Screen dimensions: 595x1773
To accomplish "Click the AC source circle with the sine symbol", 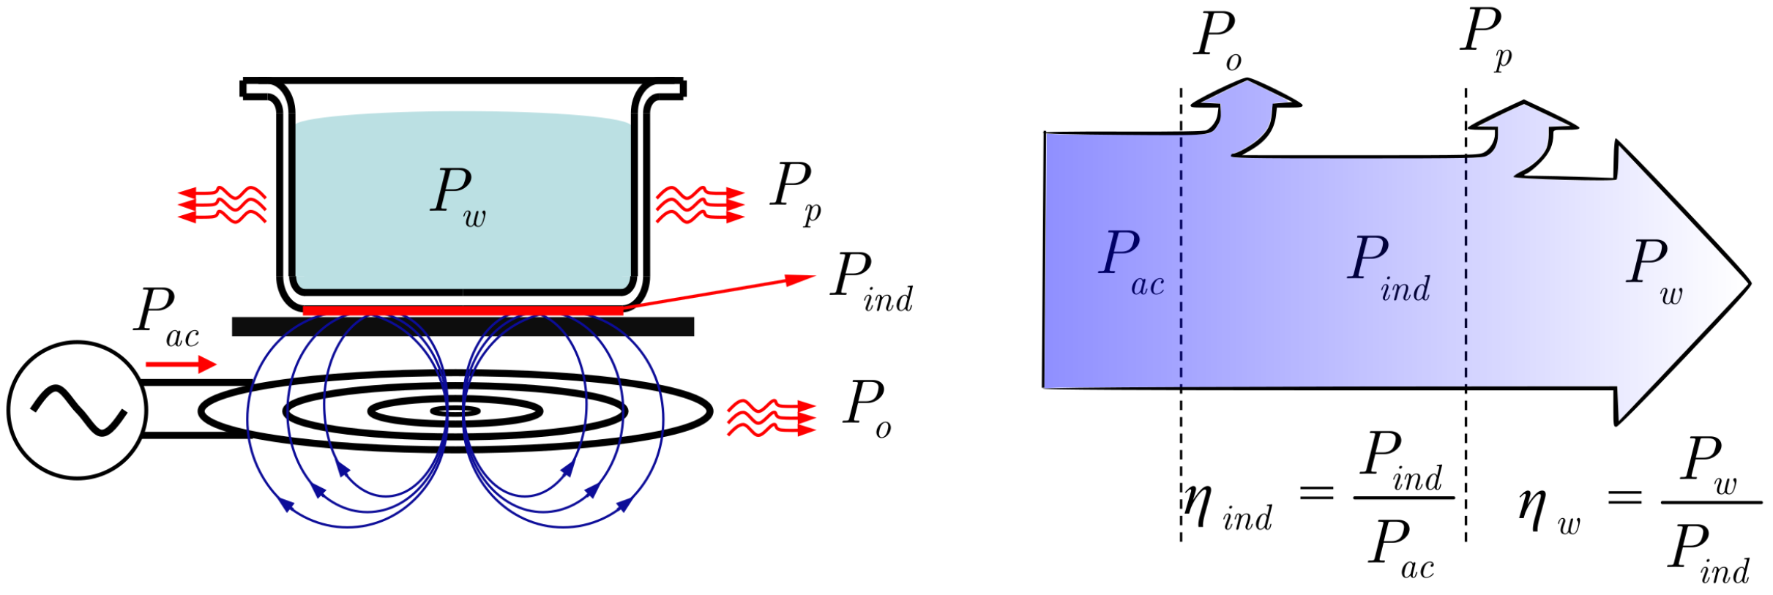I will (x=77, y=410).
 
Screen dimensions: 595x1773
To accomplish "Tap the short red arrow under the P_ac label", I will (x=181, y=364).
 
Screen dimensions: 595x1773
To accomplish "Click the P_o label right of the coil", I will (x=867, y=409).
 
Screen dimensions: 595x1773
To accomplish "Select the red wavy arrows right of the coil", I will (x=771, y=418).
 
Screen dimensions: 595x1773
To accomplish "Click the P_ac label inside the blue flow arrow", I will (x=1130, y=261).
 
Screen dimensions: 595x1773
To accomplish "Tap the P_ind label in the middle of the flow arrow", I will (x=1388, y=267).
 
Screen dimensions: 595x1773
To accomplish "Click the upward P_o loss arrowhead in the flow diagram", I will (x=1246, y=95).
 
